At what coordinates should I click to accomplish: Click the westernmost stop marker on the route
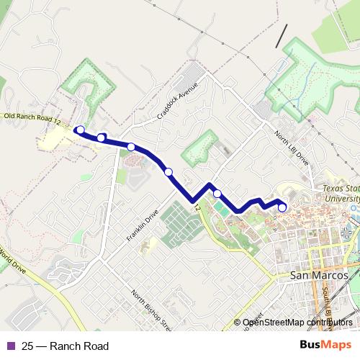point(80,130)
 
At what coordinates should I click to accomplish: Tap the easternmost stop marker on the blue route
point(282,207)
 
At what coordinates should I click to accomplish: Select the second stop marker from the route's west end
point(102,137)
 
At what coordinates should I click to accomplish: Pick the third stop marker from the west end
point(131,147)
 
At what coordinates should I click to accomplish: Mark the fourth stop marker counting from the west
point(168,171)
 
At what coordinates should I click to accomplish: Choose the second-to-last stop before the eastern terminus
point(217,193)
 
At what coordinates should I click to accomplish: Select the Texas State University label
point(337,192)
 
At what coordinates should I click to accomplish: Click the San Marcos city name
point(318,275)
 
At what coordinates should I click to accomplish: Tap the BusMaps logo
point(330,346)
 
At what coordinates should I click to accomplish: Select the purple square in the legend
point(11,346)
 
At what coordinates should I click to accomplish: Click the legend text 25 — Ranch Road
point(65,346)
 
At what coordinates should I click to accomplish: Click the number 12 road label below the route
point(196,207)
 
